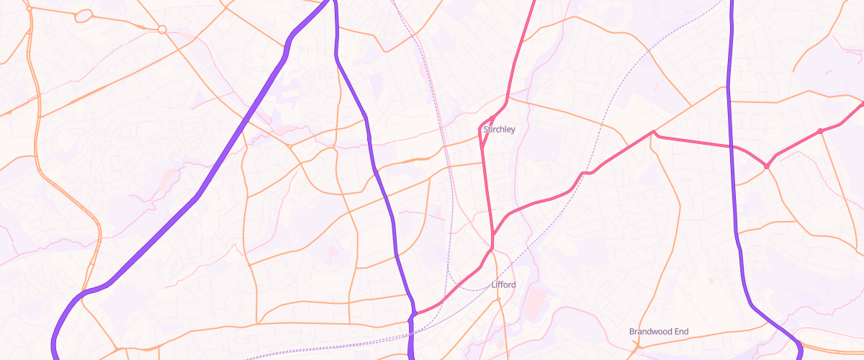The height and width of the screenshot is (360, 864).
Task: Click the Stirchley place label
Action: pos(499,130)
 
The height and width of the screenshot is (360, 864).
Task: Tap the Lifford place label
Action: pos(503,285)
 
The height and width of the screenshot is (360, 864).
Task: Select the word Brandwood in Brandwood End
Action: pos(650,332)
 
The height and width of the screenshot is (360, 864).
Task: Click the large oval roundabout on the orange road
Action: pos(84,15)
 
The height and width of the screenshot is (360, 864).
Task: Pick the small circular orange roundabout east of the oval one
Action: pos(162,30)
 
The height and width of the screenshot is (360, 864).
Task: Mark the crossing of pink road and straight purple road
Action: pos(732,146)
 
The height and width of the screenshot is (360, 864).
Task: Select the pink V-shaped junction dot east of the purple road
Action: pos(767,166)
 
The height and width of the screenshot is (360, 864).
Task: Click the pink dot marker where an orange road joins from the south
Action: pos(820,131)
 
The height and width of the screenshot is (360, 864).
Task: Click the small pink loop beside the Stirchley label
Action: pos(487,124)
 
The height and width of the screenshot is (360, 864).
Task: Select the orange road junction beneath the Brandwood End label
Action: pos(638,346)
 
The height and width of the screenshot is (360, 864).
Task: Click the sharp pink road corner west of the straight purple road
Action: pos(653,132)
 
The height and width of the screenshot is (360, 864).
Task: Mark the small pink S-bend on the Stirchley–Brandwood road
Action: pos(586,173)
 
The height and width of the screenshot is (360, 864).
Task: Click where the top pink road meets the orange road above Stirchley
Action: pos(508,98)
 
